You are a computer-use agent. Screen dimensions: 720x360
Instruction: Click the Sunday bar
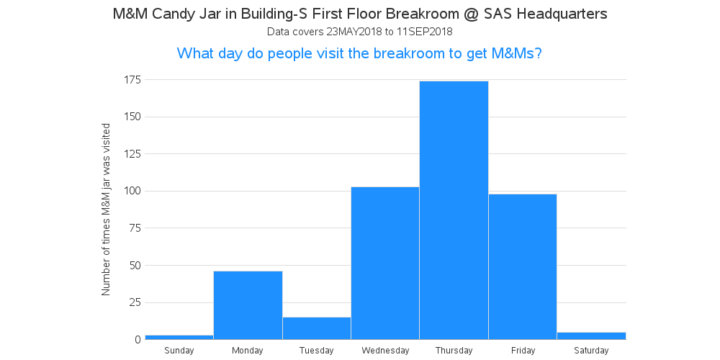pos(179,338)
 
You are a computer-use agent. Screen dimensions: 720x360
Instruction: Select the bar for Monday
pos(248,305)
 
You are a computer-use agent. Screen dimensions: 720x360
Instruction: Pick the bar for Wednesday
pos(385,263)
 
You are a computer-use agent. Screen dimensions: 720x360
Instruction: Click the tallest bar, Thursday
pos(454,210)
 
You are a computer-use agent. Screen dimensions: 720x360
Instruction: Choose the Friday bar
pos(523,267)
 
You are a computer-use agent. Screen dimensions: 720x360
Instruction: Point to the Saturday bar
pos(591,336)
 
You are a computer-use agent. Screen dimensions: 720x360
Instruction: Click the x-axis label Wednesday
pos(385,351)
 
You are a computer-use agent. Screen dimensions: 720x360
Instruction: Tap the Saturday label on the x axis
pos(591,351)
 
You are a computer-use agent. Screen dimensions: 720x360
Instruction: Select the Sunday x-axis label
pos(179,351)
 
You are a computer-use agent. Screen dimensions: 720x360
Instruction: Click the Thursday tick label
pos(454,351)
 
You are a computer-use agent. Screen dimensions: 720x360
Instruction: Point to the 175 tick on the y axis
pos(132,80)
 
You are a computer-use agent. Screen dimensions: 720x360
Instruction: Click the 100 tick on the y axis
pos(132,191)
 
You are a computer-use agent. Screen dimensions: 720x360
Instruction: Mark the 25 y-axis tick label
pos(135,302)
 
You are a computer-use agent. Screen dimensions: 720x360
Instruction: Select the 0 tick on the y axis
pos(138,340)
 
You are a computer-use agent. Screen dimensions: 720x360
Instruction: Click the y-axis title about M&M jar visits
pos(106,210)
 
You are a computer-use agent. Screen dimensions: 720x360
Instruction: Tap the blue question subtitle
pos(359,54)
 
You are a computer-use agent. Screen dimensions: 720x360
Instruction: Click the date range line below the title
pos(359,32)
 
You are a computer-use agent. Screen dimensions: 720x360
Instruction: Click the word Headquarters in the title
pos(562,14)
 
